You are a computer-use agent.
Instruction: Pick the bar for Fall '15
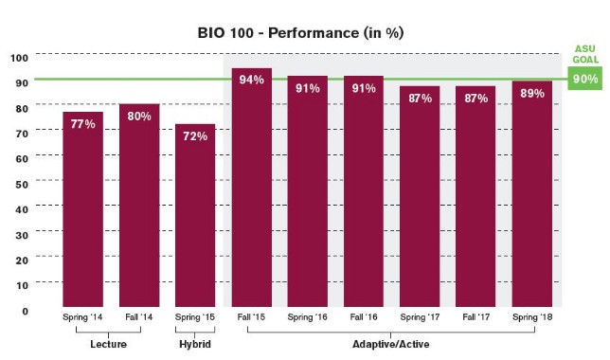[251, 189]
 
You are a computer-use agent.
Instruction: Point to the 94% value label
[251, 80]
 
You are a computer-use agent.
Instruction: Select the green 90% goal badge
[584, 80]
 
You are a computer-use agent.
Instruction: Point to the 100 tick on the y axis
[19, 57]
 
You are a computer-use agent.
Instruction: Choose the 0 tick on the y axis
[25, 310]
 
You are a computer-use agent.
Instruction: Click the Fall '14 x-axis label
[139, 318]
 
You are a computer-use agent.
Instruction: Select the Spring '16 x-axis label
[307, 318]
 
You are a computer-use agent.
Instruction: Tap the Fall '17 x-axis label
[475, 318]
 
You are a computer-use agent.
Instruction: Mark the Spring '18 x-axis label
[531, 318]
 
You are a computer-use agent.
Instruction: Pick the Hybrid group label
[195, 345]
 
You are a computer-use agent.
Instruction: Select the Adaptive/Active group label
[391, 345]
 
